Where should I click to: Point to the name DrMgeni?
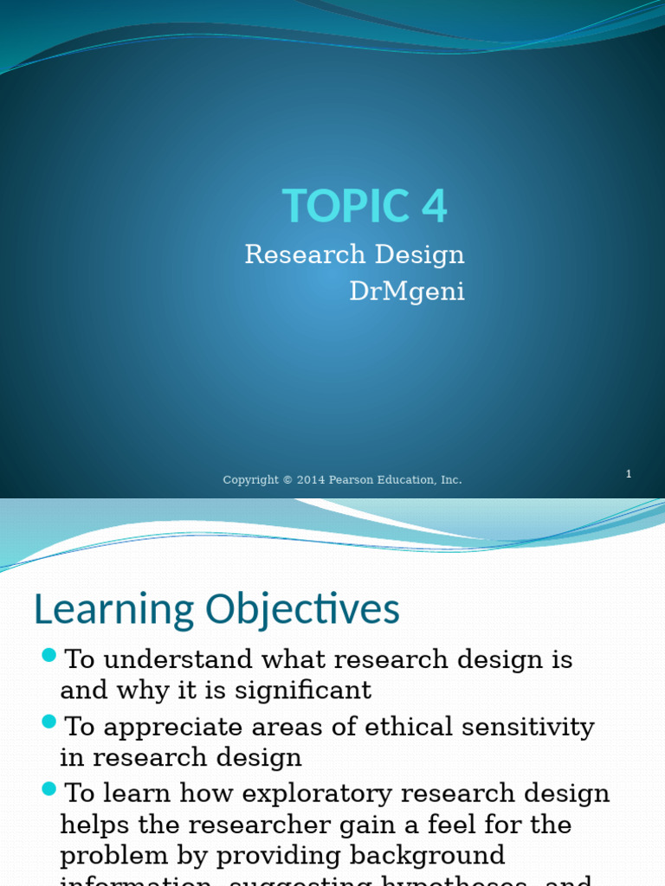[407, 292]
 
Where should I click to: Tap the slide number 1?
[629, 474]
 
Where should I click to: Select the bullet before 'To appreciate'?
[48, 721]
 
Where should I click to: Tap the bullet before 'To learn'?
[48, 788]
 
